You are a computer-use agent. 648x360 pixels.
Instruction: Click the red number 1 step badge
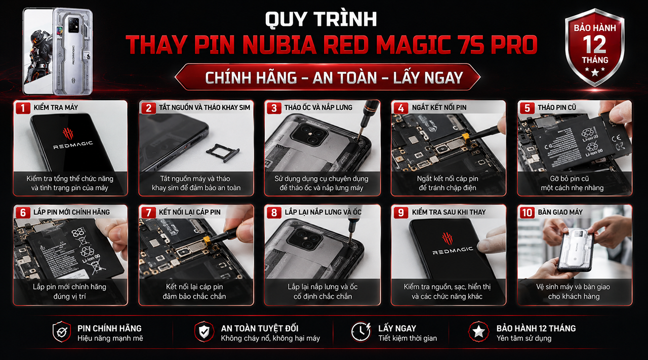23,108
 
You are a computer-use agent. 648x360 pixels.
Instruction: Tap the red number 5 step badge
527,108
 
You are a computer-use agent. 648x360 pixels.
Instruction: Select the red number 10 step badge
527,213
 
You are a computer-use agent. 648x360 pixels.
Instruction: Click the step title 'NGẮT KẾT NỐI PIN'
439,108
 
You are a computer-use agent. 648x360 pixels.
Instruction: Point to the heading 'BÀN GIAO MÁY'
560,212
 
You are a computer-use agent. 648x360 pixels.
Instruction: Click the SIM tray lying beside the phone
223,152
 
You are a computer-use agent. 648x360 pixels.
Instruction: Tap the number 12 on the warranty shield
594,44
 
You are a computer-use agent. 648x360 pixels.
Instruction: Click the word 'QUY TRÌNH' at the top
321,20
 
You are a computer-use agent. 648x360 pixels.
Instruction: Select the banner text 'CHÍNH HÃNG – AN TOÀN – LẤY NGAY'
334,78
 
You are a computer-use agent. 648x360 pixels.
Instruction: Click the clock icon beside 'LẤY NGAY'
360,332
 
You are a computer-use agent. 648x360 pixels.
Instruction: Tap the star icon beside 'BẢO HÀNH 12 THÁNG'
478,332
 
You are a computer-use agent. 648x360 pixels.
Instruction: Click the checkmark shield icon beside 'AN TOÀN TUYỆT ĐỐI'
204,332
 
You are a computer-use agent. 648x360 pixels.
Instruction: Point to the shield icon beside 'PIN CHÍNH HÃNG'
62,332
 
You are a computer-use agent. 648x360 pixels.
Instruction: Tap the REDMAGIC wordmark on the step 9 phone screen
453,251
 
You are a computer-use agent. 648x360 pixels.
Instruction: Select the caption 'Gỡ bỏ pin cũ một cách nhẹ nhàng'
572,183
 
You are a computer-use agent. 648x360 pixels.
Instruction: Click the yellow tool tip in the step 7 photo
207,241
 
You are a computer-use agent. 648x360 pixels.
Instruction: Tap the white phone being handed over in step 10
576,251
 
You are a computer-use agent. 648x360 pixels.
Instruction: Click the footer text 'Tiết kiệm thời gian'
408,338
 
